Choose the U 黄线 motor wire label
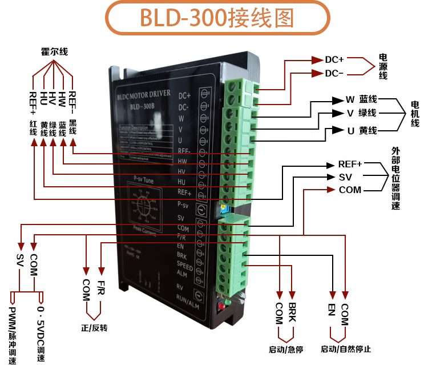361,131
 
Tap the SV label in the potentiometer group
345,177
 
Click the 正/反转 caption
94,328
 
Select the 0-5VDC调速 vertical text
41,331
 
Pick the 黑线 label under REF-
72,127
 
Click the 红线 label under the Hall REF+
33,127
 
